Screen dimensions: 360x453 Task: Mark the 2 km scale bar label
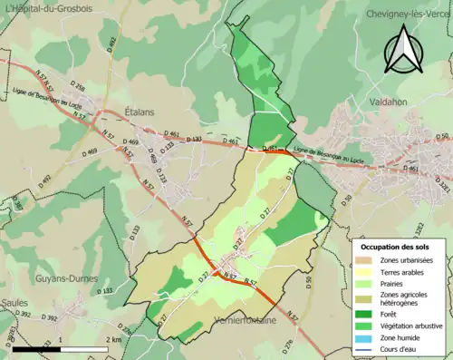point(112,339)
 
